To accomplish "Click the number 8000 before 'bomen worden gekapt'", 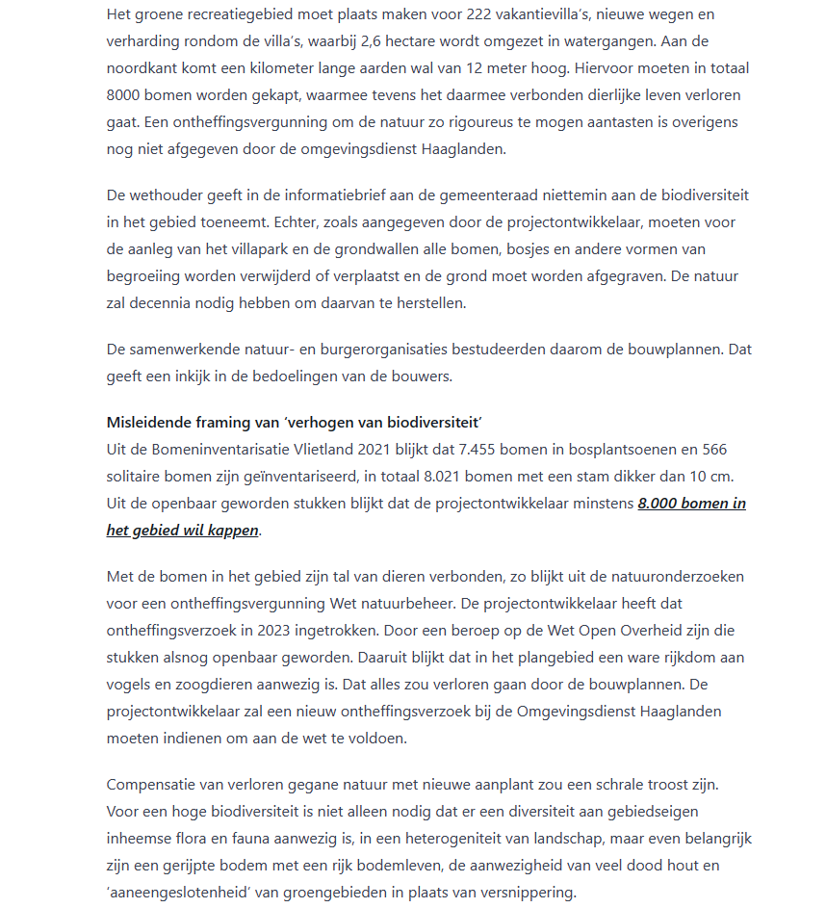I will click(x=124, y=96).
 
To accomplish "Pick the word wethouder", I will click(x=170, y=195).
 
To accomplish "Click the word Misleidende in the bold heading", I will click(x=148, y=422).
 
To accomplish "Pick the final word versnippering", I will click(x=527, y=892).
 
